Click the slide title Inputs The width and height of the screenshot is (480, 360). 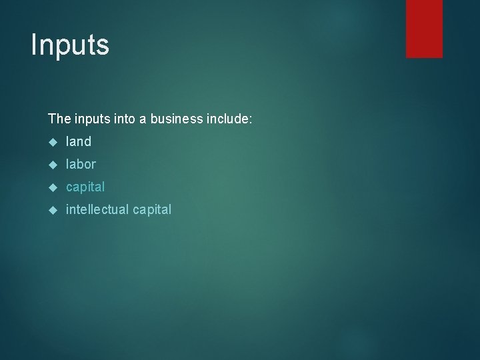[x=70, y=45]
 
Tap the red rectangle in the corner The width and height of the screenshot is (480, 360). [x=424, y=29]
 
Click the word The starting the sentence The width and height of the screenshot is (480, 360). [x=59, y=119]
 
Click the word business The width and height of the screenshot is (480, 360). [x=175, y=119]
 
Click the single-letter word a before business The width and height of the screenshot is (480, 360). [x=143, y=119]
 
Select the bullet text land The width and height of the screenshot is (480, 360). [x=79, y=141]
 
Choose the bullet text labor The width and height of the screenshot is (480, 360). [x=81, y=164]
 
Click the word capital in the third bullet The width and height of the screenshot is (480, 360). [x=85, y=187]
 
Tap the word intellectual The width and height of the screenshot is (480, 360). [x=97, y=209]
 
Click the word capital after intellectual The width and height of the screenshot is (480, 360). [x=151, y=210]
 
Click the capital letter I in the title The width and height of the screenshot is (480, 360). [x=35, y=44]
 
